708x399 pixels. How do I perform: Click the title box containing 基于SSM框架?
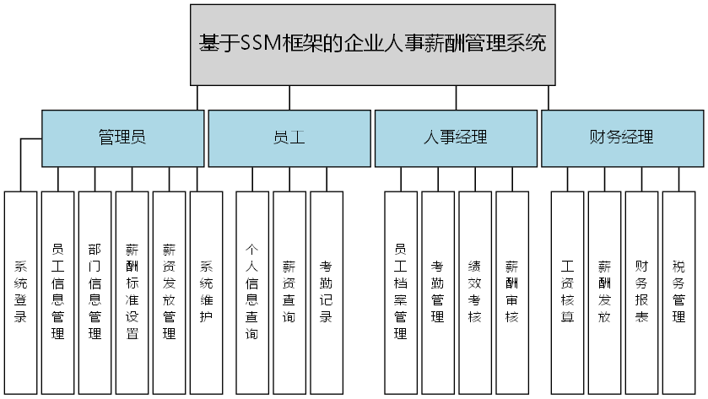(x=372, y=44)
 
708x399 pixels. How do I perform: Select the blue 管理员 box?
(x=122, y=137)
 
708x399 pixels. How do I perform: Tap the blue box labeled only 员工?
(x=289, y=137)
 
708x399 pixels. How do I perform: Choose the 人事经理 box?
(x=455, y=137)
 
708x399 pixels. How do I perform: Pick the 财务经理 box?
(x=621, y=137)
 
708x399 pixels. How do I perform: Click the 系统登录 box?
(x=20, y=292)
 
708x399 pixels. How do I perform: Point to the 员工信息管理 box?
(x=57, y=292)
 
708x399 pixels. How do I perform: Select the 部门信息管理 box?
(x=95, y=292)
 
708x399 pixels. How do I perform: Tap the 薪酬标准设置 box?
(x=132, y=292)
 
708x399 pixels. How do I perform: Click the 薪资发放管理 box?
(x=169, y=292)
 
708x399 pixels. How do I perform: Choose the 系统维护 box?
(x=206, y=292)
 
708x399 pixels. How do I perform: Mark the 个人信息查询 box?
(x=252, y=292)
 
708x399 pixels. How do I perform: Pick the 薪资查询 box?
(x=289, y=292)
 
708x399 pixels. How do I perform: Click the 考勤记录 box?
(x=327, y=292)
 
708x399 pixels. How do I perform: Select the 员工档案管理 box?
(x=401, y=292)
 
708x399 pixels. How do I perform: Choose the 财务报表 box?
(x=641, y=292)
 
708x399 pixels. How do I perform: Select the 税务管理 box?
(x=678, y=292)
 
